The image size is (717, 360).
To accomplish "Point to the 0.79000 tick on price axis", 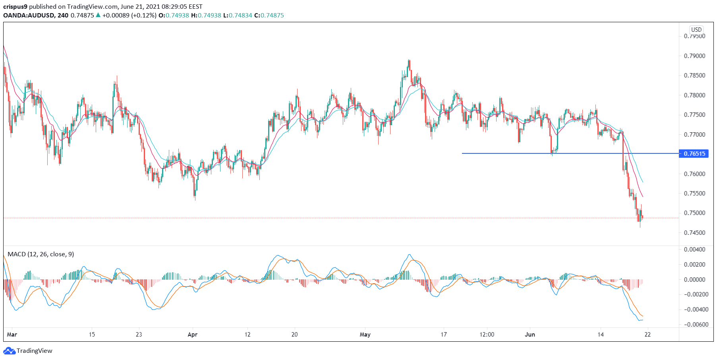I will click(x=694, y=56).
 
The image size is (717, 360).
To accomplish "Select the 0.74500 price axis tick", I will click(x=694, y=232).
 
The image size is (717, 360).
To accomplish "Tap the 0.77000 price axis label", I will click(x=694, y=134).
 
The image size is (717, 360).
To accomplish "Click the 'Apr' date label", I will click(x=193, y=335).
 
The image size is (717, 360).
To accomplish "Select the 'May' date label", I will click(x=365, y=335).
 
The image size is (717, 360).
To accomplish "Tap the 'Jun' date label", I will click(x=530, y=335).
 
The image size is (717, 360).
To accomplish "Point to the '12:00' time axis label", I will click(x=487, y=335).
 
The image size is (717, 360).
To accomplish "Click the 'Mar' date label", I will click(x=12, y=335).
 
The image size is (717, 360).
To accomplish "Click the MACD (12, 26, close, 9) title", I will click(x=41, y=254).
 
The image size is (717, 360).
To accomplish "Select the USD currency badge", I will click(x=696, y=29).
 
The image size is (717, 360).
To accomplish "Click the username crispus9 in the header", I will click(x=15, y=7).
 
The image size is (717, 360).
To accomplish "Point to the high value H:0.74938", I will click(x=206, y=15).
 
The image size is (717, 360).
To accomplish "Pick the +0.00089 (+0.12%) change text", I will click(x=129, y=15).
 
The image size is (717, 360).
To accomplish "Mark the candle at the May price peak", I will click(x=409, y=64).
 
